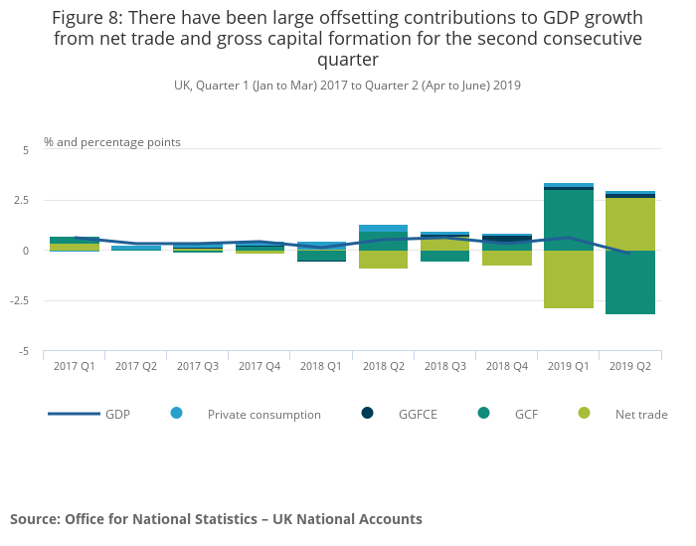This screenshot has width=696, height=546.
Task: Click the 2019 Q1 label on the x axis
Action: pyautogui.click(x=569, y=366)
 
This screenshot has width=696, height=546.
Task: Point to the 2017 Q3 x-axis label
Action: pyautogui.click(x=197, y=366)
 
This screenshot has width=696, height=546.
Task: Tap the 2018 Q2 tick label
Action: pyautogui.click(x=383, y=366)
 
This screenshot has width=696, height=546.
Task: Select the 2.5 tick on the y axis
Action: pyautogui.click(x=22, y=201)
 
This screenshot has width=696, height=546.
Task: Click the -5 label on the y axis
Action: pyautogui.click(x=26, y=352)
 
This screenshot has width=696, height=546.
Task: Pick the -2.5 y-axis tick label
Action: pyautogui.click(x=20, y=301)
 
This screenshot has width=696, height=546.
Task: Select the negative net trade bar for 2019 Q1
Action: pyautogui.click(x=569, y=279)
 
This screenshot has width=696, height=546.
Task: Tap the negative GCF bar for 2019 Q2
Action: pyautogui.click(x=630, y=282)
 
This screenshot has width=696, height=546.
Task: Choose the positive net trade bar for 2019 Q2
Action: pyautogui.click(x=630, y=224)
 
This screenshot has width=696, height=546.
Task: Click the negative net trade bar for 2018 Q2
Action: pyautogui.click(x=383, y=260)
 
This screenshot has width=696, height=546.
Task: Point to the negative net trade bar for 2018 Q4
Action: pyautogui.click(x=507, y=258)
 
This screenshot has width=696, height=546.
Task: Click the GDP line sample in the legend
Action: pyautogui.click(x=74, y=414)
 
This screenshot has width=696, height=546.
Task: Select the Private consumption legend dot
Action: pyautogui.click(x=177, y=413)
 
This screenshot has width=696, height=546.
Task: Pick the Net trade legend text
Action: pyautogui.click(x=641, y=415)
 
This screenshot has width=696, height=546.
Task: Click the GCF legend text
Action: pyautogui.click(x=526, y=415)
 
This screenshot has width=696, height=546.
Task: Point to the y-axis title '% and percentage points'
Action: pyautogui.click(x=112, y=142)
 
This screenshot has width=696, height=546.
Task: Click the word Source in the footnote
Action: pyautogui.click(x=34, y=519)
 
